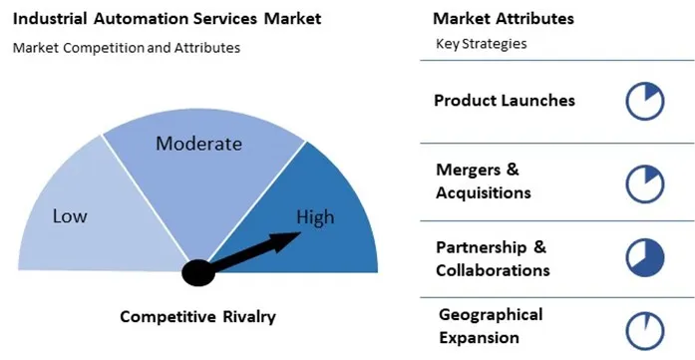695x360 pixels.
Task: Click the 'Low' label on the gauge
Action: click(70, 216)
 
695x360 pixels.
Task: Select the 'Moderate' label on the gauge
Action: click(198, 144)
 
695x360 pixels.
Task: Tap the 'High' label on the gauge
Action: click(315, 218)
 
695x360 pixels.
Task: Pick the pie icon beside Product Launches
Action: click(644, 102)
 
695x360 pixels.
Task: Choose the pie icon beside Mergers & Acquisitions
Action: click(644, 182)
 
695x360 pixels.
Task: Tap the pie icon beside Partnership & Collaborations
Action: click(644, 257)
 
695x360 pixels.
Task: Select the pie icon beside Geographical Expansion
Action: click(644, 330)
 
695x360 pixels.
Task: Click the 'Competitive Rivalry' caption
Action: click(197, 317)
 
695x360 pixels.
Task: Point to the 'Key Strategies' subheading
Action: click(482, 44)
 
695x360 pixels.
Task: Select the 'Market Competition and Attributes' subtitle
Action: click(127, 48)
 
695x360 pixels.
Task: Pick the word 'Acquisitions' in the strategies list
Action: click(483, 192)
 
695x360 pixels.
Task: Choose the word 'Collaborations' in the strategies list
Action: click(493, 270)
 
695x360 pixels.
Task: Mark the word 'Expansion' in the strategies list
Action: click(478, 338)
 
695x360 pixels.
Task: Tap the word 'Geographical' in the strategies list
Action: click(492, 315)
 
